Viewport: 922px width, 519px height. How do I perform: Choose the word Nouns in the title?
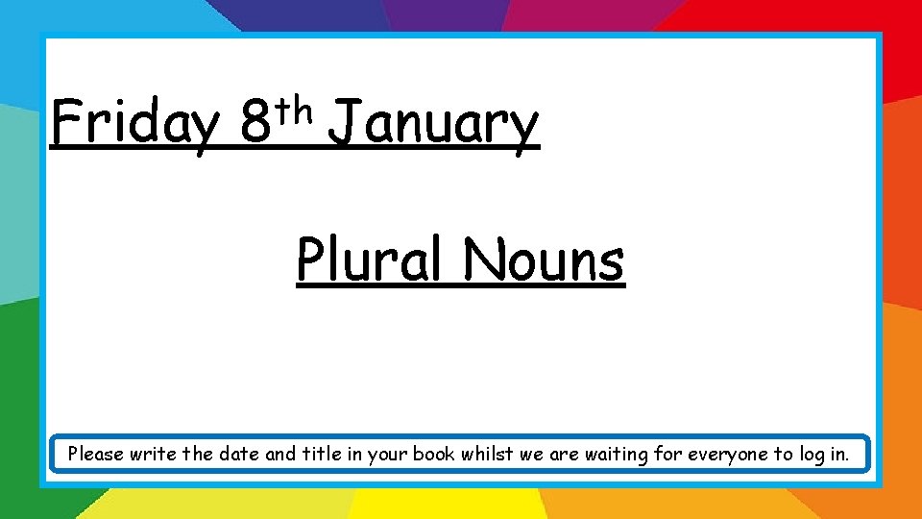[x=544, y=259]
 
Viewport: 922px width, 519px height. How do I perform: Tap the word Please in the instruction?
[x=97, y=454]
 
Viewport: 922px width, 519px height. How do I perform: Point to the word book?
[x=432, y=454]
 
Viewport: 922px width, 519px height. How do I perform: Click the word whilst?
[x=485, y=454]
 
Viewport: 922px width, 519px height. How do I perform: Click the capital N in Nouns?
[x=478, y=259]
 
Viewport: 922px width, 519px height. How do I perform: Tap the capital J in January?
[x=344, y=125]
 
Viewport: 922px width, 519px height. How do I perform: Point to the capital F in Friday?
[x=64, y=123]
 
